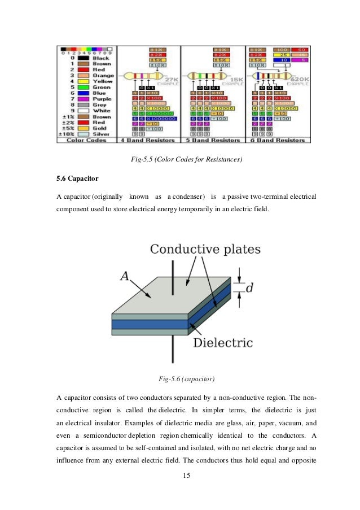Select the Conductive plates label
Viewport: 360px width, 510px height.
[205, 249]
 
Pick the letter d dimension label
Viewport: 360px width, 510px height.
[249, 287]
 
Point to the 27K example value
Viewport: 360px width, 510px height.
[172, 80]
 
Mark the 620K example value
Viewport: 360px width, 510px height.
[296, 80]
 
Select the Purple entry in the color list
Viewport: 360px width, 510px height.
[102, 99]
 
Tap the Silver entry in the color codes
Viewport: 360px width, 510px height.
[102, 134]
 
